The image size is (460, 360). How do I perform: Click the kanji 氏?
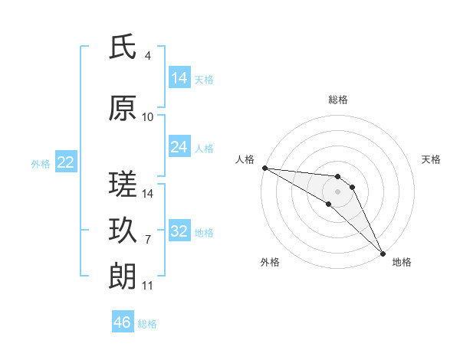123,47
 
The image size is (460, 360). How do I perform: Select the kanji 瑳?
123,184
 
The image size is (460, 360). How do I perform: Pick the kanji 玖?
123,230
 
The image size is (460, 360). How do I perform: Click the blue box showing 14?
179,78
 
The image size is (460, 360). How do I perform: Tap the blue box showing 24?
179,147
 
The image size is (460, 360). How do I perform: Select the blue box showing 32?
179,231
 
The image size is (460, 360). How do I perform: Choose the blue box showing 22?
66,162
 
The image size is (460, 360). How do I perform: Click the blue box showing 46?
123,322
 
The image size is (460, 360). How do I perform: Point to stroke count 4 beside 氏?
147,56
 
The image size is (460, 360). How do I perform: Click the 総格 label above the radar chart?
338,100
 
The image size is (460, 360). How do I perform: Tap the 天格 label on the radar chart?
431,159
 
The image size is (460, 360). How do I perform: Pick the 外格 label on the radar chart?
270,262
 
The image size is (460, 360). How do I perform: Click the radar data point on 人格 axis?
264,168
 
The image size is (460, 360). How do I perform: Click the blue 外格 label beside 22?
41,163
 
